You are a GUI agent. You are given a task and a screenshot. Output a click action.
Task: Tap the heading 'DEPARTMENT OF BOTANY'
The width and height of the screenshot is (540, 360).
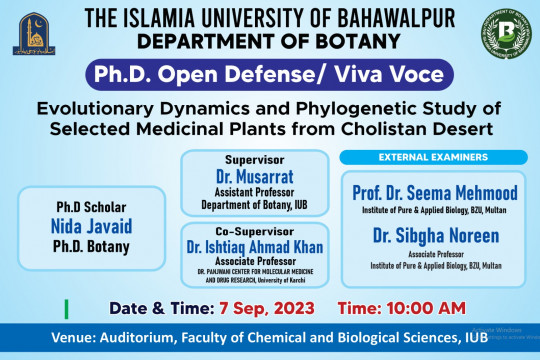(x=271, y=41)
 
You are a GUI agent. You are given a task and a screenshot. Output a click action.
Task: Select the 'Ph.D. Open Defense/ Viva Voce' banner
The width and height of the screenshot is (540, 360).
(x=270, y=74)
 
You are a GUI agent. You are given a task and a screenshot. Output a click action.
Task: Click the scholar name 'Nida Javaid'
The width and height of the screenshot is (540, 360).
(x=91, y=226)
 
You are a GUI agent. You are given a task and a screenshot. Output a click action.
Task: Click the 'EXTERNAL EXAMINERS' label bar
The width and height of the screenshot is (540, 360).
(x=433, y=157)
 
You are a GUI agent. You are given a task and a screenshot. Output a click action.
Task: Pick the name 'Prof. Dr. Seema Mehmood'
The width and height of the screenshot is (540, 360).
(x=433, y=191)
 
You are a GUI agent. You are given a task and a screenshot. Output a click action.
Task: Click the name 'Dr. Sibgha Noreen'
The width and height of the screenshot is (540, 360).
(x=433, y=237)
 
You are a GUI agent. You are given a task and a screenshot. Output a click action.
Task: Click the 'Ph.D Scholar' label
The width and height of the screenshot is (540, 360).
(x=91, y=207)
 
